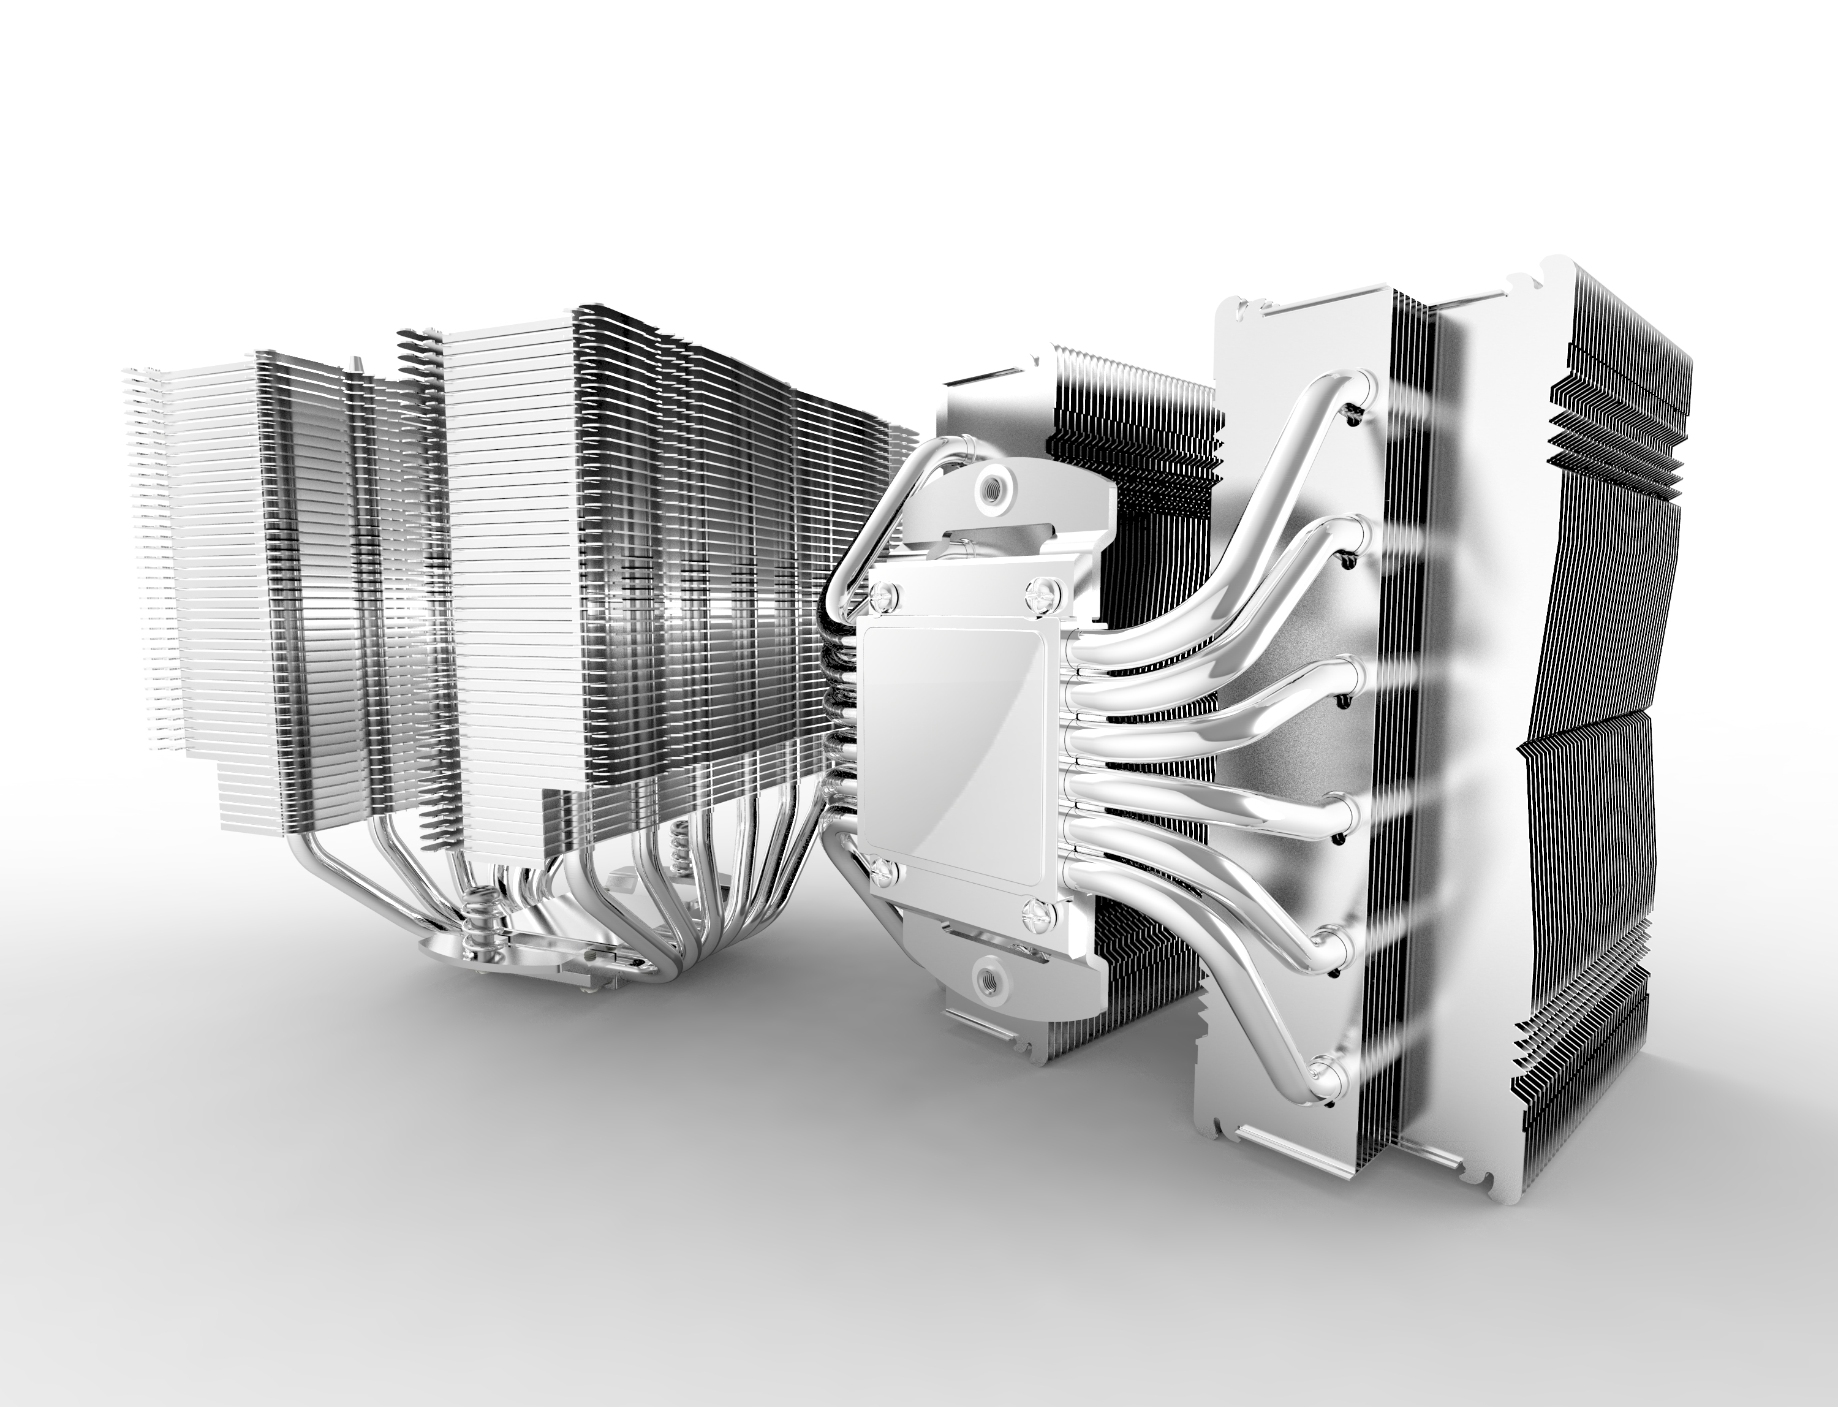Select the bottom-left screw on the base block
tap(883, 873)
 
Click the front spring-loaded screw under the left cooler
tap(477, 913)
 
